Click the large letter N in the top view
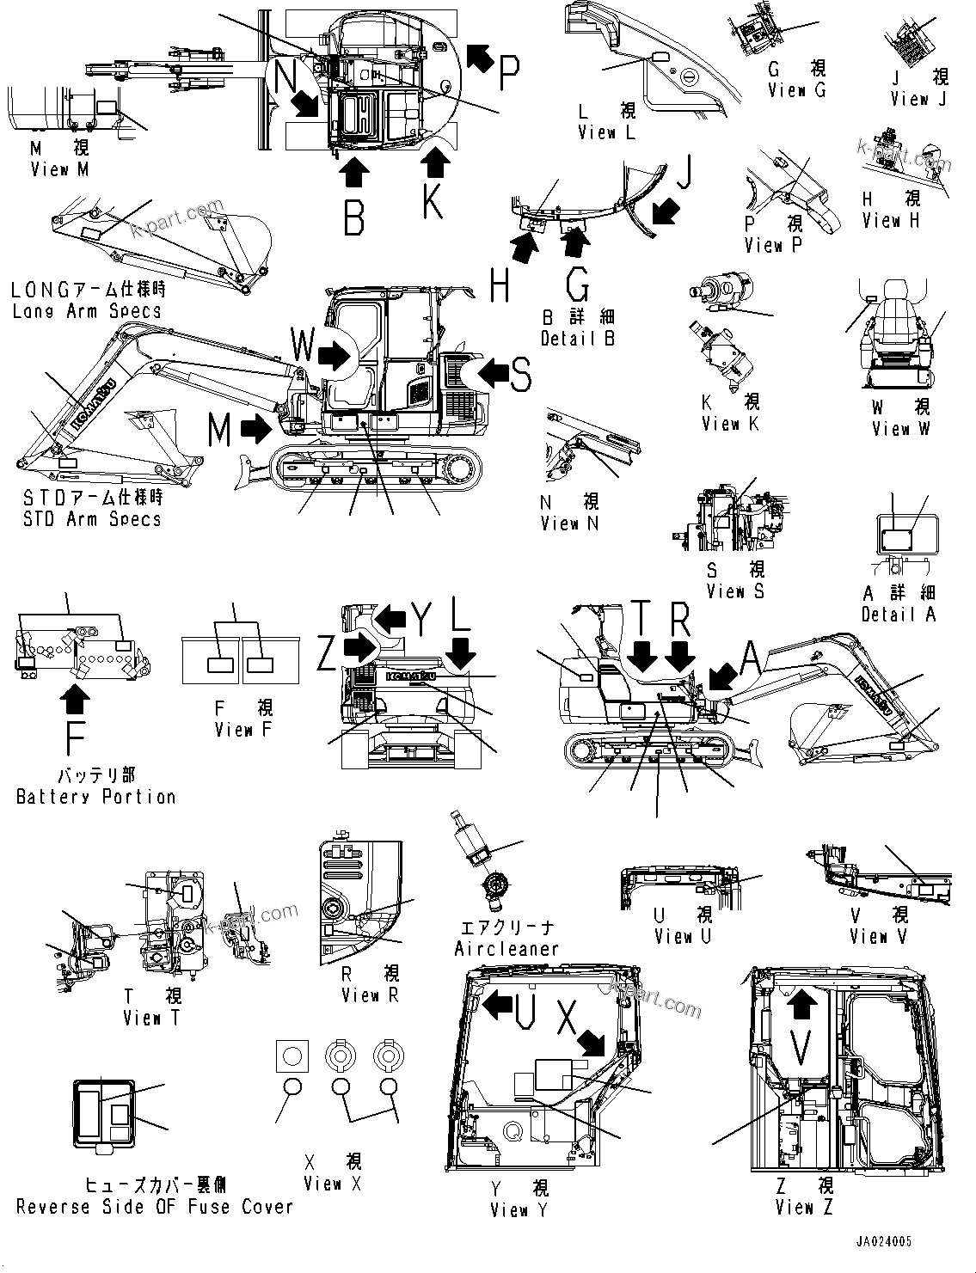[x=288, y=74]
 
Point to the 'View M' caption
[x=59, y=169]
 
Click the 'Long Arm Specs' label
[x=86, y=310]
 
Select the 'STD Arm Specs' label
[x=92, y=518]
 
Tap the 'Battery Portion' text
[x=95, y=797]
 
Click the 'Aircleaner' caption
[x=506, y=948]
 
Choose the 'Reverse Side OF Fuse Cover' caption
[x=155, y=1207]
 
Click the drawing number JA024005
[x=883, y=1242]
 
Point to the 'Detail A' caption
[x=899, y=614]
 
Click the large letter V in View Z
[x=801, y=1048]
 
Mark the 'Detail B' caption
[x=578, y=338]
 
